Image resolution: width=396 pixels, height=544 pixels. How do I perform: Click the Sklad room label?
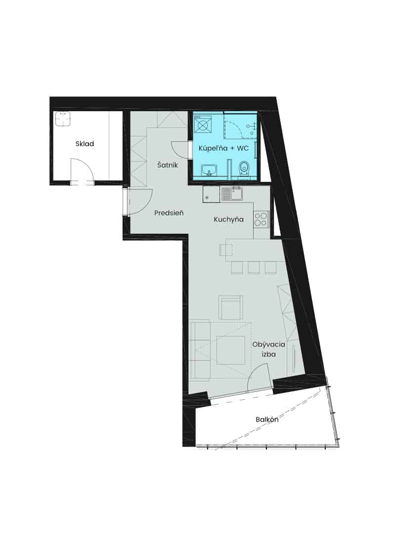point(85,144)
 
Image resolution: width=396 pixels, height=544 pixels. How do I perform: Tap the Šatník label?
point(167,165)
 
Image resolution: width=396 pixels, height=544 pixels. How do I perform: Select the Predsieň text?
point(169,212)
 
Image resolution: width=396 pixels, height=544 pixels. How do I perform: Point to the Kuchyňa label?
point(228,219)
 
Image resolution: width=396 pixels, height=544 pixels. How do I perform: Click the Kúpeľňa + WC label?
point(223,149)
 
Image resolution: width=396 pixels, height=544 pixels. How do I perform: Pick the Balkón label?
point(267,419)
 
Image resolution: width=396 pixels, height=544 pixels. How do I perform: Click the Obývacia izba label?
point(268,349)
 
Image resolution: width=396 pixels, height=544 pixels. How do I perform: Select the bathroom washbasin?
point(209,169)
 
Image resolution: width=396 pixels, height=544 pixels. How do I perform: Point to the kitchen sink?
point(232,194)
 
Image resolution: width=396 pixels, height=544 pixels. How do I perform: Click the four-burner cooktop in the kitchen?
point(261,219)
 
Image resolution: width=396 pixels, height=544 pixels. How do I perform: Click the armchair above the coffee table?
point(230,307)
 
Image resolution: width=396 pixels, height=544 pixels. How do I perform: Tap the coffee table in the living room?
point(230,350)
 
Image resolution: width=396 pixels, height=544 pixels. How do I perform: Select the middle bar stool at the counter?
point(254,267)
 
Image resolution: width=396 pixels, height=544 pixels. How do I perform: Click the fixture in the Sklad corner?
point(63,119)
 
